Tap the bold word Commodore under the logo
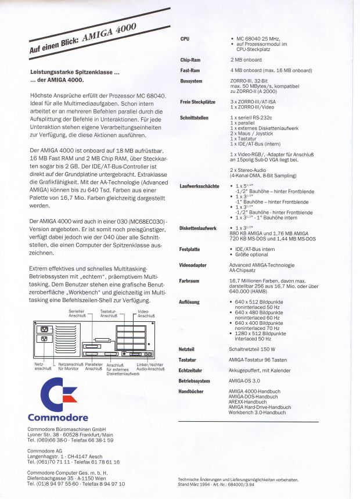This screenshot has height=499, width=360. [x=58, y=417]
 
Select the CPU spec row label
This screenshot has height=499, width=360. [x=185, y=38]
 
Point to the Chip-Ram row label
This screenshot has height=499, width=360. [x=190, y=59]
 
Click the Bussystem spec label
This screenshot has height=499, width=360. [x=191, y=81]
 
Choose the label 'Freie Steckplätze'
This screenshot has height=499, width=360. [x=198, y=102]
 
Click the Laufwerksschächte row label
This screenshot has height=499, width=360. [x=200, y=185]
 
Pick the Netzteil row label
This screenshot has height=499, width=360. [x=187, y=349]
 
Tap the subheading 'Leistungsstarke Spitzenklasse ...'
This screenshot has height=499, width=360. [x=74, y=72]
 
